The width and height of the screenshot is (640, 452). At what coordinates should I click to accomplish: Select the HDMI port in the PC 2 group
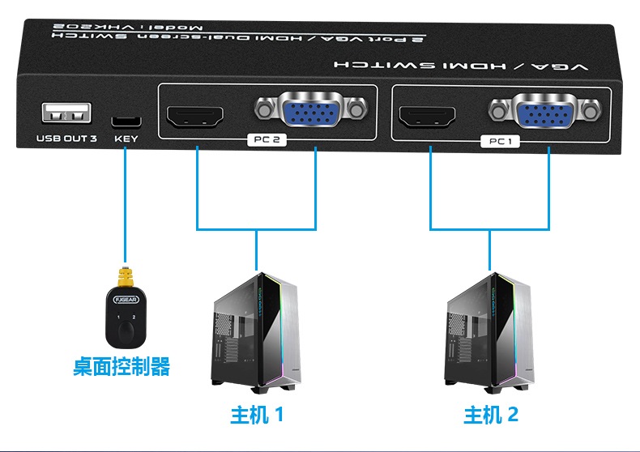point(195,117)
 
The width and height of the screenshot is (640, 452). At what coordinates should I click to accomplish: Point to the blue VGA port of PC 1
point(548,111)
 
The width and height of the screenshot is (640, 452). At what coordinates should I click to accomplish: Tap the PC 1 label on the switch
point(502,141)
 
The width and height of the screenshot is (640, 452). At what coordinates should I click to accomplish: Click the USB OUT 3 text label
point(66,139)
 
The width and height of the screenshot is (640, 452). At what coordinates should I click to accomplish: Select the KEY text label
point(126,139)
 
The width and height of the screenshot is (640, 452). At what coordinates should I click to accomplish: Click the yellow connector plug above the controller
point(124,278)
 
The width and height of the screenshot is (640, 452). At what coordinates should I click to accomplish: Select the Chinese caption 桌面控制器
point(122,367)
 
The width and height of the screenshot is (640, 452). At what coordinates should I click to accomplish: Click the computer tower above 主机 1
point(256,332)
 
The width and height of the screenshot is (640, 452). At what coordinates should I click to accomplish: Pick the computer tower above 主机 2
point(489,332)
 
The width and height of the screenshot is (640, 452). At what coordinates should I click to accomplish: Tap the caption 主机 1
point(257,416)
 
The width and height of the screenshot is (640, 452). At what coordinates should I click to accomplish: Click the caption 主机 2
point(490,416)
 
